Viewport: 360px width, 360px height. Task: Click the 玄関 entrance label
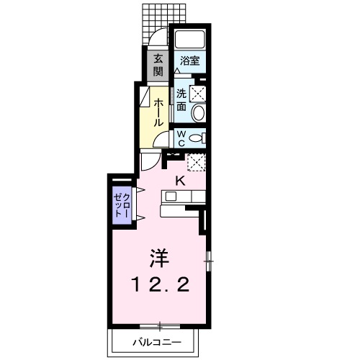pyautogui.click(x=156, y=64)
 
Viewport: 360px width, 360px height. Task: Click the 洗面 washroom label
pyautogui.click(x=181, y=100)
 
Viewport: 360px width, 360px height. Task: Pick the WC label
pyautogui.click(x=181, y=137)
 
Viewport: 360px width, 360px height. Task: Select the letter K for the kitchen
pyautogui.click(x=181, y=181)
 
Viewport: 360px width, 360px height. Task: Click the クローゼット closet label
pyautogui.click(x=122, y=206)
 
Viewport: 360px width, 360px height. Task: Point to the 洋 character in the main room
pyautogui.click(x=160, y=257)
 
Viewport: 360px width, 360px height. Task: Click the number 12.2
pyautogui.click(x=160, y=285)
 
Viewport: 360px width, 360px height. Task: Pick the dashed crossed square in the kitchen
pyautogui.click(x=196, y=161)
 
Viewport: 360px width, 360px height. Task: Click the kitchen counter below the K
pyautogui.click(x=184, y=196)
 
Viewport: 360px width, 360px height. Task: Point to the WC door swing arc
pyautogui.click(x=162, y=139)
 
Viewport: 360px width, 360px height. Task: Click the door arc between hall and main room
pyautogui.click(x=148, y=163)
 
